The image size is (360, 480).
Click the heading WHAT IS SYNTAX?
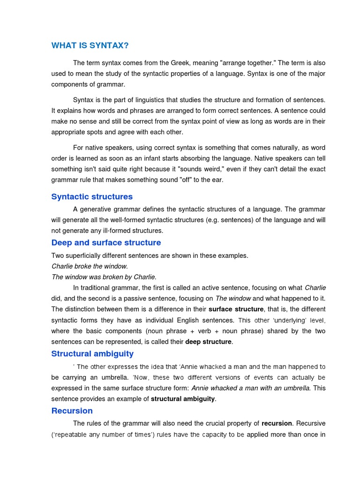point(90,45)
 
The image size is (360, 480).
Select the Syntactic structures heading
point(92,197)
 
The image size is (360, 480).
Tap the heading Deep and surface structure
point(106,243)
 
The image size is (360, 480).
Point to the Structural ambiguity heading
point(92,354)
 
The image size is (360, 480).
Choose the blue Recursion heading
point(72,411)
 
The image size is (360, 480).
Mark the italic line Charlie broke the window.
point(90,266)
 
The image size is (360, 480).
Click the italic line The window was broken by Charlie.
point(104,277)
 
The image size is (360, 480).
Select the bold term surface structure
point(236,309)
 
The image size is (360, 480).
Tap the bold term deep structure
point(208,342)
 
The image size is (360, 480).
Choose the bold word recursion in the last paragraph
point(277,423)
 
